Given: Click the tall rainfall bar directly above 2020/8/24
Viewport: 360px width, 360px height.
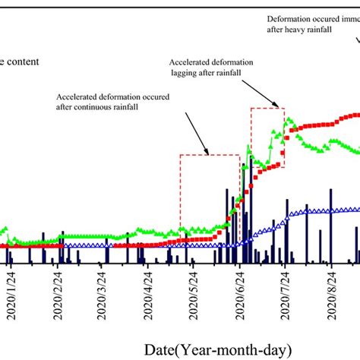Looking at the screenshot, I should pos(331,216).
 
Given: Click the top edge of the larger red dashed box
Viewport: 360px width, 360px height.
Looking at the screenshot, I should pos(210,155).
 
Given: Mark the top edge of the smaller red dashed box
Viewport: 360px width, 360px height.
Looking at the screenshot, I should pos(267,108).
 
